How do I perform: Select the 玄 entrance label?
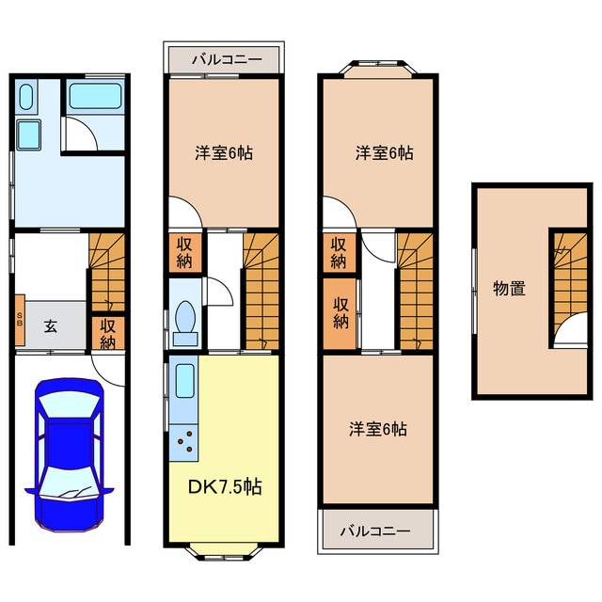coord(51,326)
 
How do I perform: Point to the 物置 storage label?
coord(509,288)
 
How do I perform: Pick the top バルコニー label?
coord(224,58)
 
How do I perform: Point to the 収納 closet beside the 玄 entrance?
coord(108,332)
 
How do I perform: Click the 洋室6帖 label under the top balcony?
coord(224,152)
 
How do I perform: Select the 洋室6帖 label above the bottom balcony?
coord(378,428)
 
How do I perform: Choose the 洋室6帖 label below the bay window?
coord(384,152)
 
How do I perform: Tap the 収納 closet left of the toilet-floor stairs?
coord(184,253)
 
